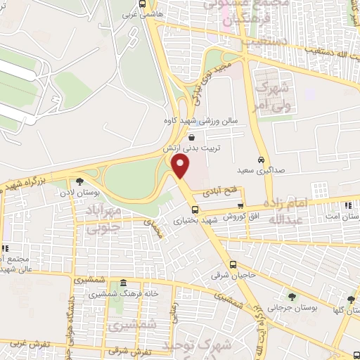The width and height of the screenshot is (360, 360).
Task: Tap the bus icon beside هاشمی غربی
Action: pyautogui.click(x=143, y=3)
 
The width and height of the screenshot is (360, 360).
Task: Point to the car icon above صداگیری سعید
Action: pyautogui.click(x=261, y=159)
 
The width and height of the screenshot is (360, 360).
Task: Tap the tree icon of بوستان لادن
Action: pyautogui.click(x=79, y=181)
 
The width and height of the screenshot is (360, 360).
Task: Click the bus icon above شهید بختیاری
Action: pyautogui.click(x=195, y=209)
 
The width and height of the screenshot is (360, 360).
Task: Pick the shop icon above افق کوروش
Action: pyautogui.click(x=240, y=205)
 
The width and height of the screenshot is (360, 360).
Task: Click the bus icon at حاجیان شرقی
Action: pyautogui.click(x=233, y=264)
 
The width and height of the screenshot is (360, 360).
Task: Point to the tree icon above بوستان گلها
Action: pyautogui.click(x=350, y=300)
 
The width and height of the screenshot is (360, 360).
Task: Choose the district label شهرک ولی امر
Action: pyautogui.click(x=274, y=95)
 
